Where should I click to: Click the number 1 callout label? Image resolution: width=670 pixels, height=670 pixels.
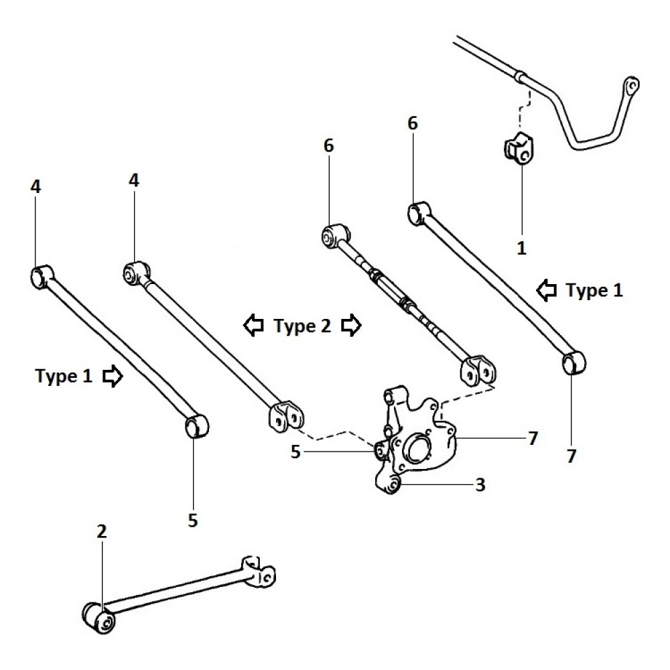[x=522, y=248]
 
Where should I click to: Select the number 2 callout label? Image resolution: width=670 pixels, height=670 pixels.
[x=102, y=531]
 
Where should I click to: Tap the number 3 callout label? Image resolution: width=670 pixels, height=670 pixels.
[x=480, y=484]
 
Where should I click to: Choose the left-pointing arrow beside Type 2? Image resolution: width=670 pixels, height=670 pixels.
[x=253, y=326]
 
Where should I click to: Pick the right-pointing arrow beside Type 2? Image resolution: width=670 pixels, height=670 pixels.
[x=351, y=326]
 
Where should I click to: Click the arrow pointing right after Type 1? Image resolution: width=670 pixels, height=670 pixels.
[x=113, y=377]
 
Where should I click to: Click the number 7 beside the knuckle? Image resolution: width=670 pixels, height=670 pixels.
[x=532, y=438]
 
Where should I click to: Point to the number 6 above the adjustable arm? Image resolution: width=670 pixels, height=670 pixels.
[x=328, y=145]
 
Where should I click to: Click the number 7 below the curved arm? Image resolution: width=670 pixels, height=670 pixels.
[x=572, y=457]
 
